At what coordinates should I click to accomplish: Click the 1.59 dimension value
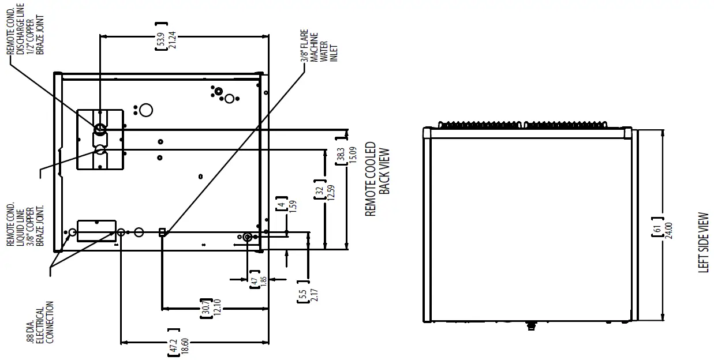point(292,205)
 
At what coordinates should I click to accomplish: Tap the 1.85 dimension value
point(263,283)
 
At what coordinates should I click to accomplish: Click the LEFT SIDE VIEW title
point(703,243)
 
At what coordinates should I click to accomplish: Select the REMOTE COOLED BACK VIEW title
point(378,179)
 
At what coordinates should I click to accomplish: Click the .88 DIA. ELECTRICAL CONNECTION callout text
point(40,323)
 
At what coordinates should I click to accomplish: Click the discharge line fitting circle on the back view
point(100,128)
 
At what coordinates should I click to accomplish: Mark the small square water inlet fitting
point(162,232)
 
